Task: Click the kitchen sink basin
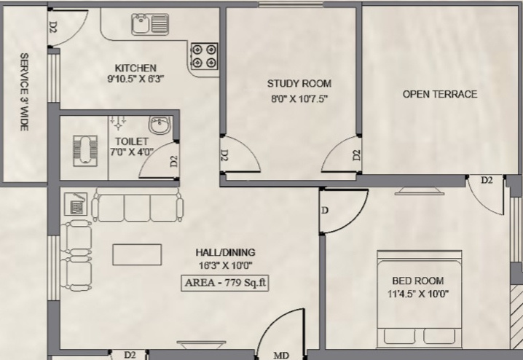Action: point(141,24)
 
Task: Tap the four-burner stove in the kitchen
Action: point(204,56)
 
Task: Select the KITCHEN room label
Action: point(135,68)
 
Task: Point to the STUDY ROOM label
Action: point(299,83)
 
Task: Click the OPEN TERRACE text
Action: point(440,94)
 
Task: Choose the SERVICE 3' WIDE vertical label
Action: point(24,92)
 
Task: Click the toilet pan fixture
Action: point(85,150)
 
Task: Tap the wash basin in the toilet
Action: point(160,125)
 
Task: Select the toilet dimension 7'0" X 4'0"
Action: point(131,152)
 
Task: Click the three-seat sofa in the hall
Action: point(138,205)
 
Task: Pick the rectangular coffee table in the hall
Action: point(137,254)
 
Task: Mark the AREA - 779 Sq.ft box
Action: point(225,283)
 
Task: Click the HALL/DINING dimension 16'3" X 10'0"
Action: point(226,265)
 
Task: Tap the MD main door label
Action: point(281,356)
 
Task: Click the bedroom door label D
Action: point(325,211)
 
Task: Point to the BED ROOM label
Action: point(418,281)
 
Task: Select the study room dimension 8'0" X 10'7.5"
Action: point(299,99)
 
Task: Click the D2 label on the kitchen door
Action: point(53,27)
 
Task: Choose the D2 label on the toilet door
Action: point(174,162)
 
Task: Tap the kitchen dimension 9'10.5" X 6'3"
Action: point(135,79)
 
